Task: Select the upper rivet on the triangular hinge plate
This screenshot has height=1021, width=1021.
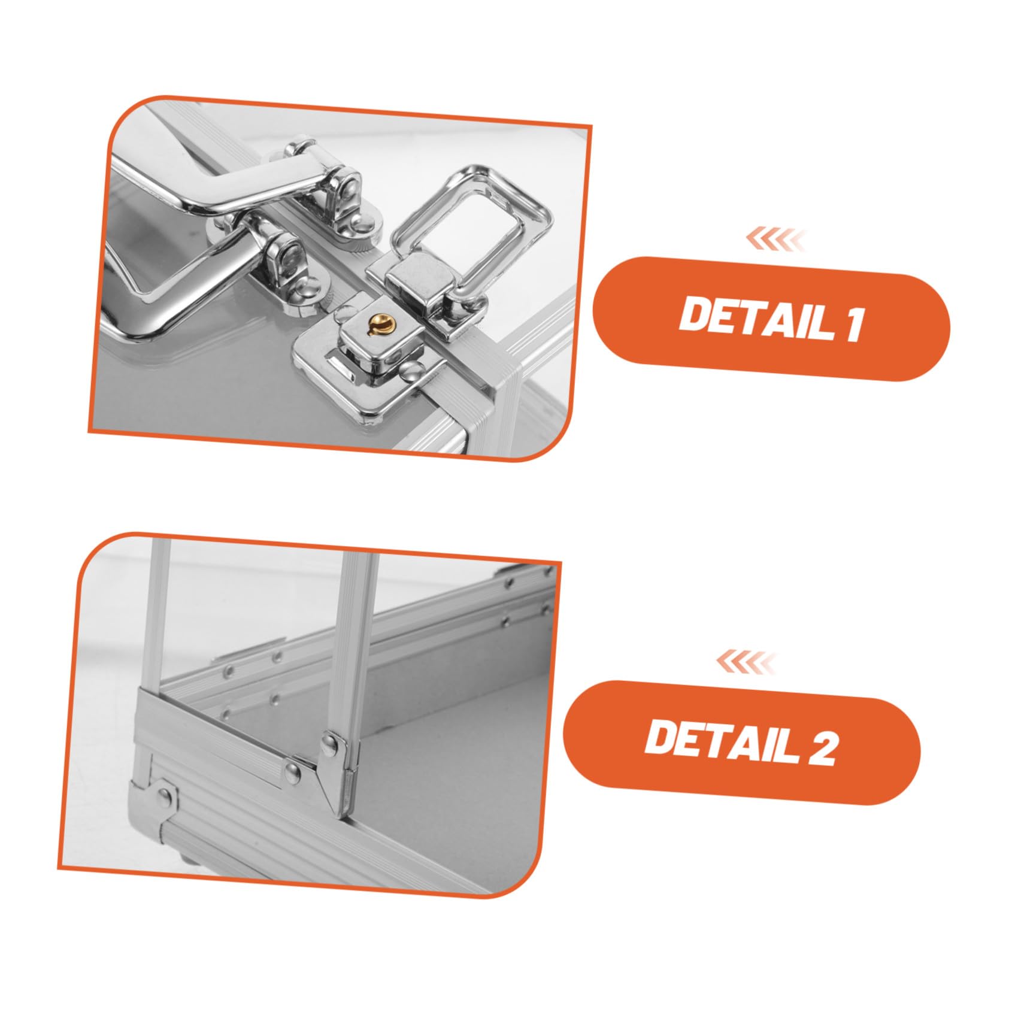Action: pos(330,743)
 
